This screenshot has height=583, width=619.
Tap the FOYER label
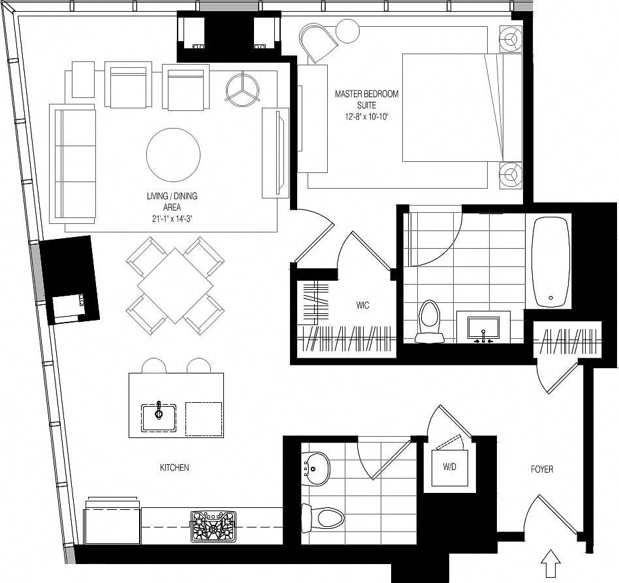coord(542,469)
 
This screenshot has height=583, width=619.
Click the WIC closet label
coord(363,305)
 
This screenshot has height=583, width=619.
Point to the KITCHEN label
coord(174,467)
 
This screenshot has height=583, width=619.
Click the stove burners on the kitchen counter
coord(212,526)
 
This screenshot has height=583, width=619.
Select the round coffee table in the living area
coord(173,155)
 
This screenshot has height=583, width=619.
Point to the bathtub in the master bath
coord(550,262)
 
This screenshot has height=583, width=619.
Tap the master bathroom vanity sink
coord(483,328)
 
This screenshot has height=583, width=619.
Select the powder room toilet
coord(324,518)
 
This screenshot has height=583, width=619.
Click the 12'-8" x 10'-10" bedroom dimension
coord(366,116)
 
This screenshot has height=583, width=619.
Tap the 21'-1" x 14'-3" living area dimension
coord(172,219)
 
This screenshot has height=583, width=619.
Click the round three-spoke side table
coord(243,87)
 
